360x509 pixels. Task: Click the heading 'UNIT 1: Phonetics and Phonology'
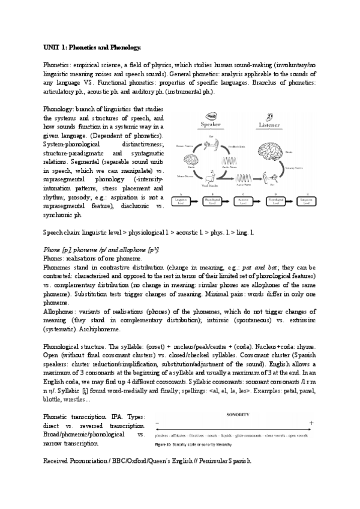pyautogui.click(x=93, y=47)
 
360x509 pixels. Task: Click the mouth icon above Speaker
pyautogui.click(x=212, y=115)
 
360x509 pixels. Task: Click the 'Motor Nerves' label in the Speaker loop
pyautogui.click(x=184, y=176)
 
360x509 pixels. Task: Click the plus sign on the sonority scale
pyautogui.click(x=311, y=423)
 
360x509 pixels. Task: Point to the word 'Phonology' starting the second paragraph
pyautogui.click(x=58, y=109)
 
